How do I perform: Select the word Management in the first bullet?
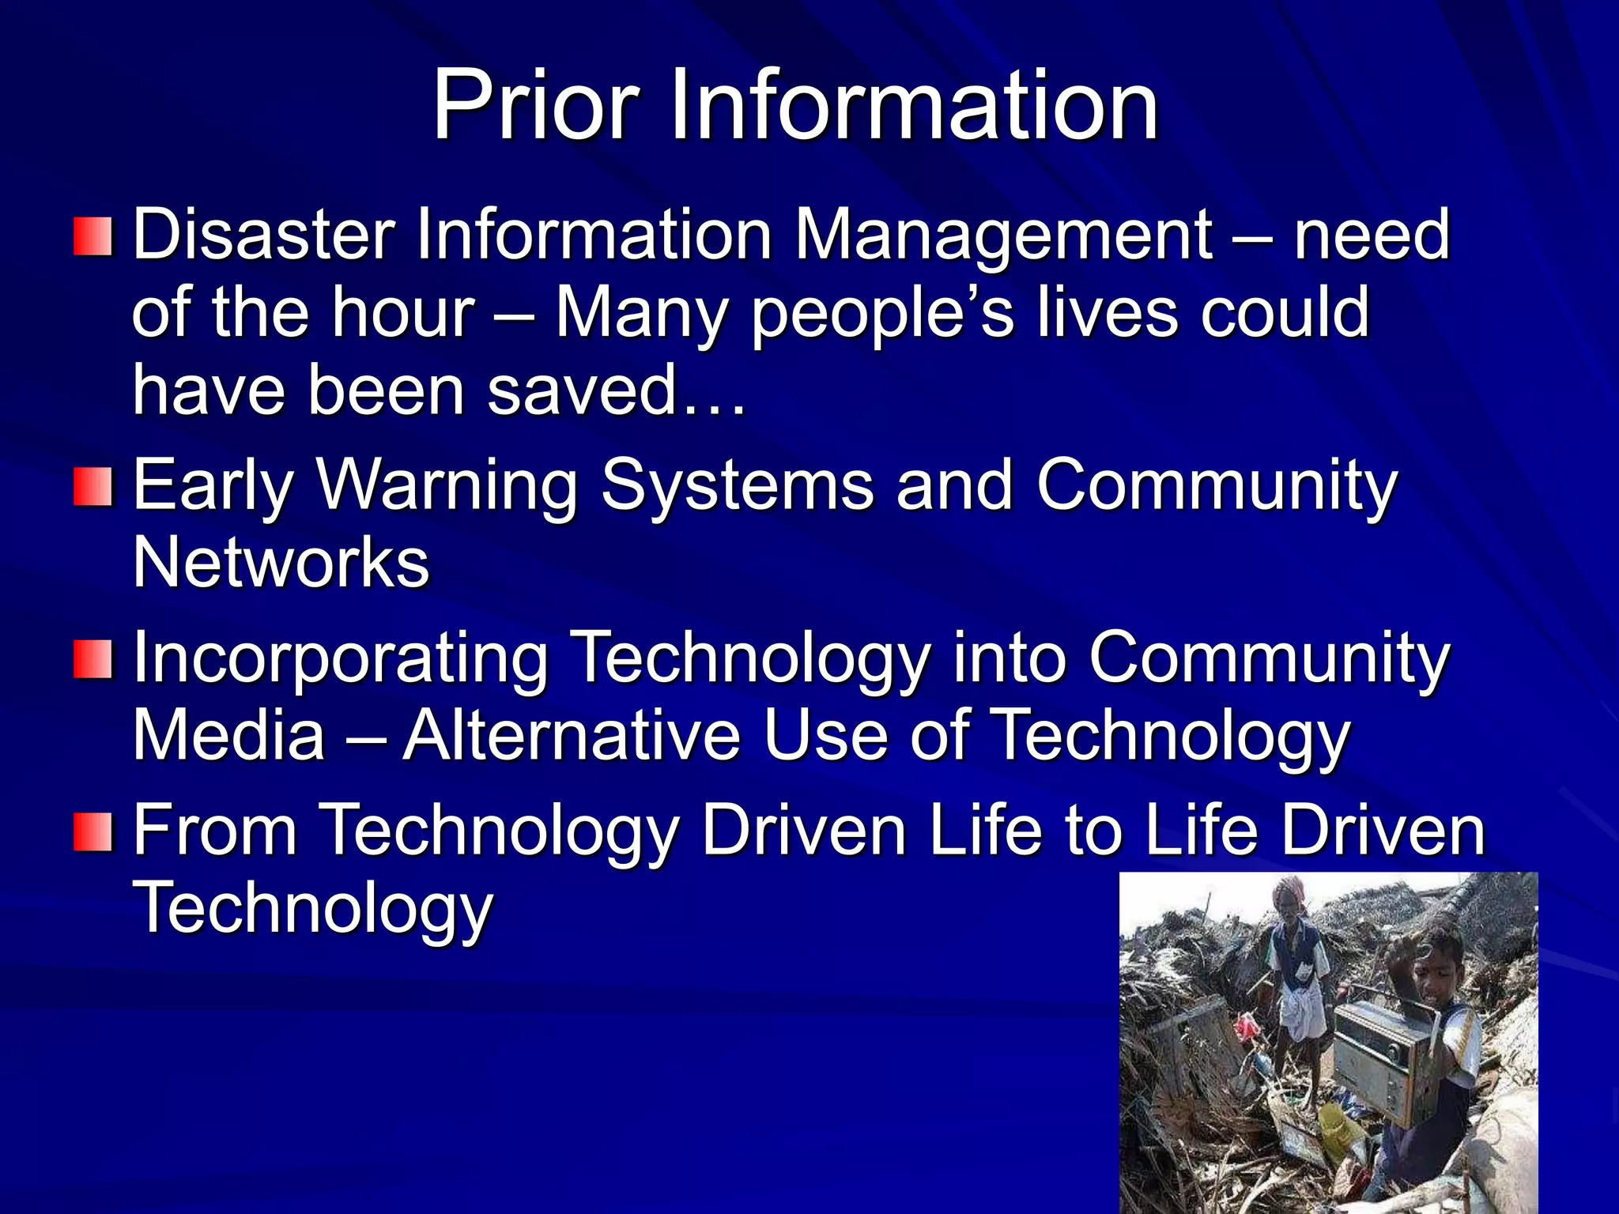coord(1003,236)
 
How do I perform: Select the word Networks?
coord(281,563)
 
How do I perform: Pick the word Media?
coord(228,735)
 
